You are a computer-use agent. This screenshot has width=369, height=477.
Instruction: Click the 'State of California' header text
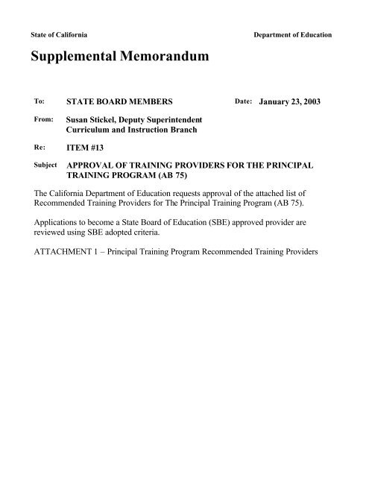63,35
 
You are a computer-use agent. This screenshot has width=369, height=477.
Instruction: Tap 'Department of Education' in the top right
294,35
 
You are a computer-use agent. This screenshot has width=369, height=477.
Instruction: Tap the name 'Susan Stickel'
93,119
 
